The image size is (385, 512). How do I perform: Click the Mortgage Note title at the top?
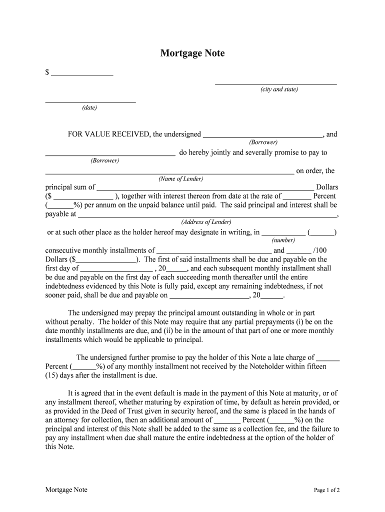pos(192,53)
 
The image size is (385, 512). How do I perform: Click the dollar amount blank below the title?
pos(82,74)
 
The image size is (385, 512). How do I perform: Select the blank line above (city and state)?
pos(275,83)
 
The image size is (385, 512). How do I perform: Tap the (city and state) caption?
pos(278,89)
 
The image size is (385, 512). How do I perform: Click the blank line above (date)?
pos(90,101)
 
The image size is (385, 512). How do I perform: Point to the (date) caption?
pos(90,108)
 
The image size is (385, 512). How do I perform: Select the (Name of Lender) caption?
pos(180,178)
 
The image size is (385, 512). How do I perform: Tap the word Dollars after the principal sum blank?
pos(327,187)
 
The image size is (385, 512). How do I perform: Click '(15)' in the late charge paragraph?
pos(52,375)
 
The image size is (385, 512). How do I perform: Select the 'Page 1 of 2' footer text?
pos(326,490)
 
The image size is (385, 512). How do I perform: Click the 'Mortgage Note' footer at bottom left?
pos(66,490)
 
